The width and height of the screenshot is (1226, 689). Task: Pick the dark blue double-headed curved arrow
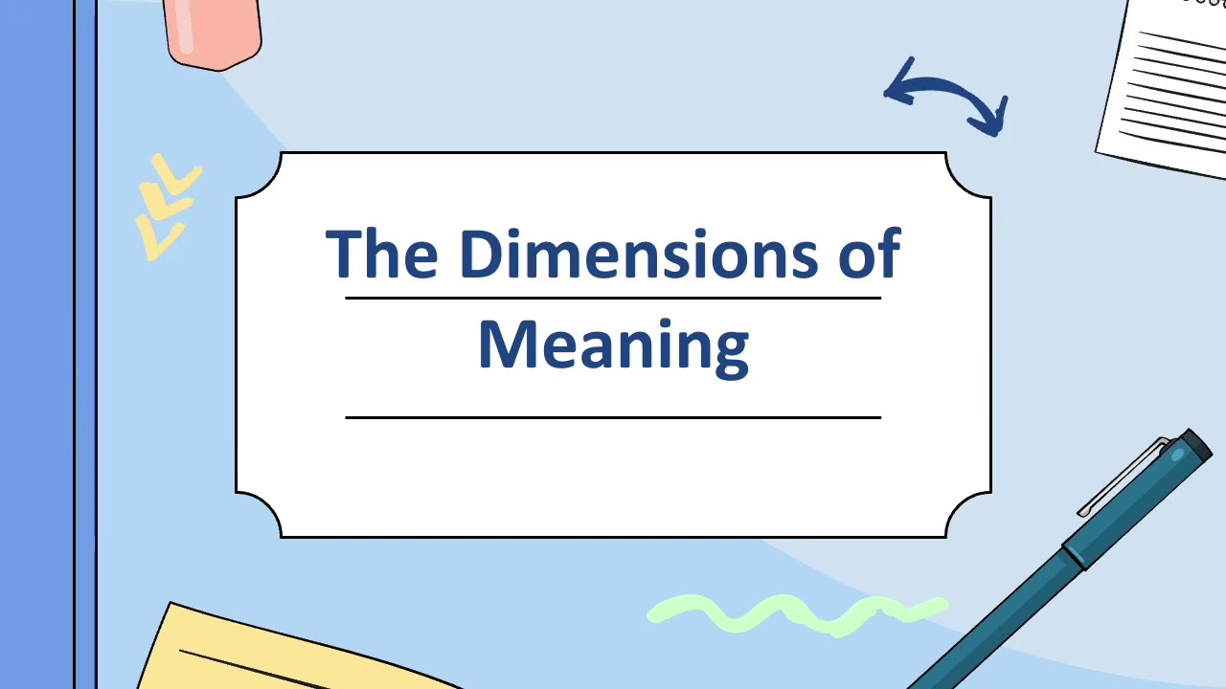(946, 96)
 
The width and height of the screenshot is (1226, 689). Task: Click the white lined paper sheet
(1169, 91)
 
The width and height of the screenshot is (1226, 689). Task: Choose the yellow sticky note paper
(287, 656)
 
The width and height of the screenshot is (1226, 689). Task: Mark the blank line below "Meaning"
(613, 417)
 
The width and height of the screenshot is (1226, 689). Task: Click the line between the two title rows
(613, 299)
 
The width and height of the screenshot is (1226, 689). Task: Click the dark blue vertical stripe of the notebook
(85, 344)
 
